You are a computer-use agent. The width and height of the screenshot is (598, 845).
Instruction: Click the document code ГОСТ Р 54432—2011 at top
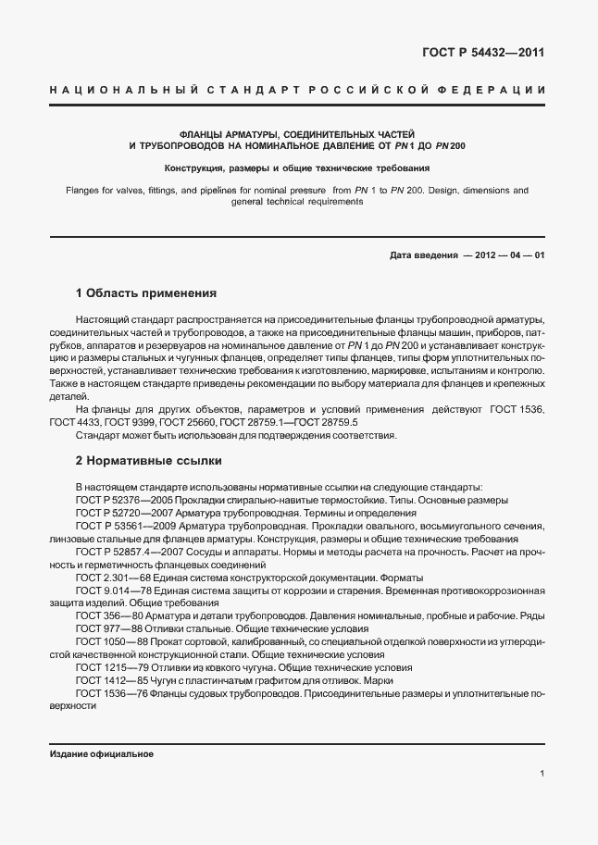484,52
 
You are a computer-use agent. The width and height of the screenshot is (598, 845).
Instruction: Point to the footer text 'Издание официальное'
101,753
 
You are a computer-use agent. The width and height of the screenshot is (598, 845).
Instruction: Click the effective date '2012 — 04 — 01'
509,255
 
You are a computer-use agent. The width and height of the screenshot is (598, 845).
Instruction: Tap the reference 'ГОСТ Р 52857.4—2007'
122,552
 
